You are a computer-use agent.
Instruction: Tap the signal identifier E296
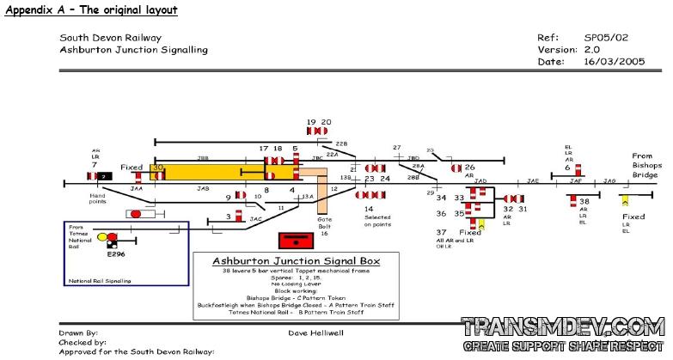point(116,254)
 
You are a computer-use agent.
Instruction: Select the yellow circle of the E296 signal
point(102,236)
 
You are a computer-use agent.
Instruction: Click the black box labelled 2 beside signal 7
point(104,176)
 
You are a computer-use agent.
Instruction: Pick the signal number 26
point(469,168)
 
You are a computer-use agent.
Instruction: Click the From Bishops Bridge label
point(645,166)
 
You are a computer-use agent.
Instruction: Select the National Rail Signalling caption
point(99,280)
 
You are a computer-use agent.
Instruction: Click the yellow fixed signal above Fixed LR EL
point(625,200)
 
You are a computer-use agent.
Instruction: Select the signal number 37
point(441,232)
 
